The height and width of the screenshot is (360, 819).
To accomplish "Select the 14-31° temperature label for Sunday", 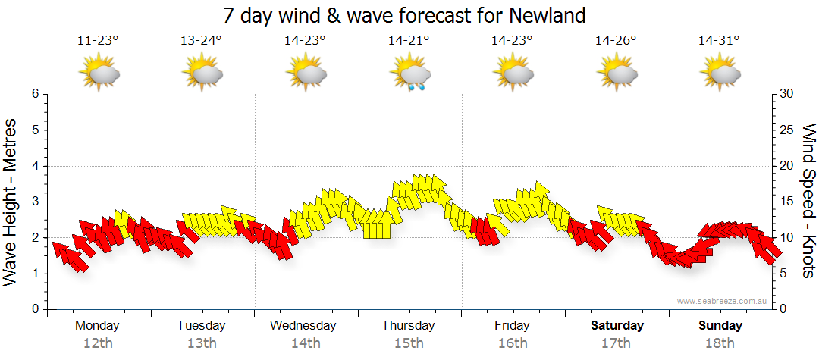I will [x=719, y=41].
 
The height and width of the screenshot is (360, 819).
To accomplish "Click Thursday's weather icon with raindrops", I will [x=410, y=75].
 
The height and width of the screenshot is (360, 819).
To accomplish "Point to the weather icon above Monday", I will [x=99, y=74].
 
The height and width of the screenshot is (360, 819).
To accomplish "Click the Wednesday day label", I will [x=303, y=326].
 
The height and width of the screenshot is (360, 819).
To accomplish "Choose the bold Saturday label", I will [x=617, y=326].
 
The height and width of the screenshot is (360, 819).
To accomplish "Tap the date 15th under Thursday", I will [x=409, y=343].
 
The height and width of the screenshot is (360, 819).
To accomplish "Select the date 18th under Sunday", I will [x=720, y=343].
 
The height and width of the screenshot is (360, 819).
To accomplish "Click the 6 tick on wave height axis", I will [x=35, y=94].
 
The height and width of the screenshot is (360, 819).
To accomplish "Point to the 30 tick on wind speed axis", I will [x=786, y=94].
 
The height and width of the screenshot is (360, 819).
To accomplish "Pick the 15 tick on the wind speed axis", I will [x=786, y=202].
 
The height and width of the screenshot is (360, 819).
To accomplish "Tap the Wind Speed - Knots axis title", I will [x=808, y=202].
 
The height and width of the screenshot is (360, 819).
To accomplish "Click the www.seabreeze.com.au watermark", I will [x=723, y=301].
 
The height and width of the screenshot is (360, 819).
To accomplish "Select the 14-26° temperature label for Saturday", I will [x=615, y=41].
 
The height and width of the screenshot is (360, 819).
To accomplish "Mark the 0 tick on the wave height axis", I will [x=35, y=309].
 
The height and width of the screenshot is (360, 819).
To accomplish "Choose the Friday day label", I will [x=513, y=326].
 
